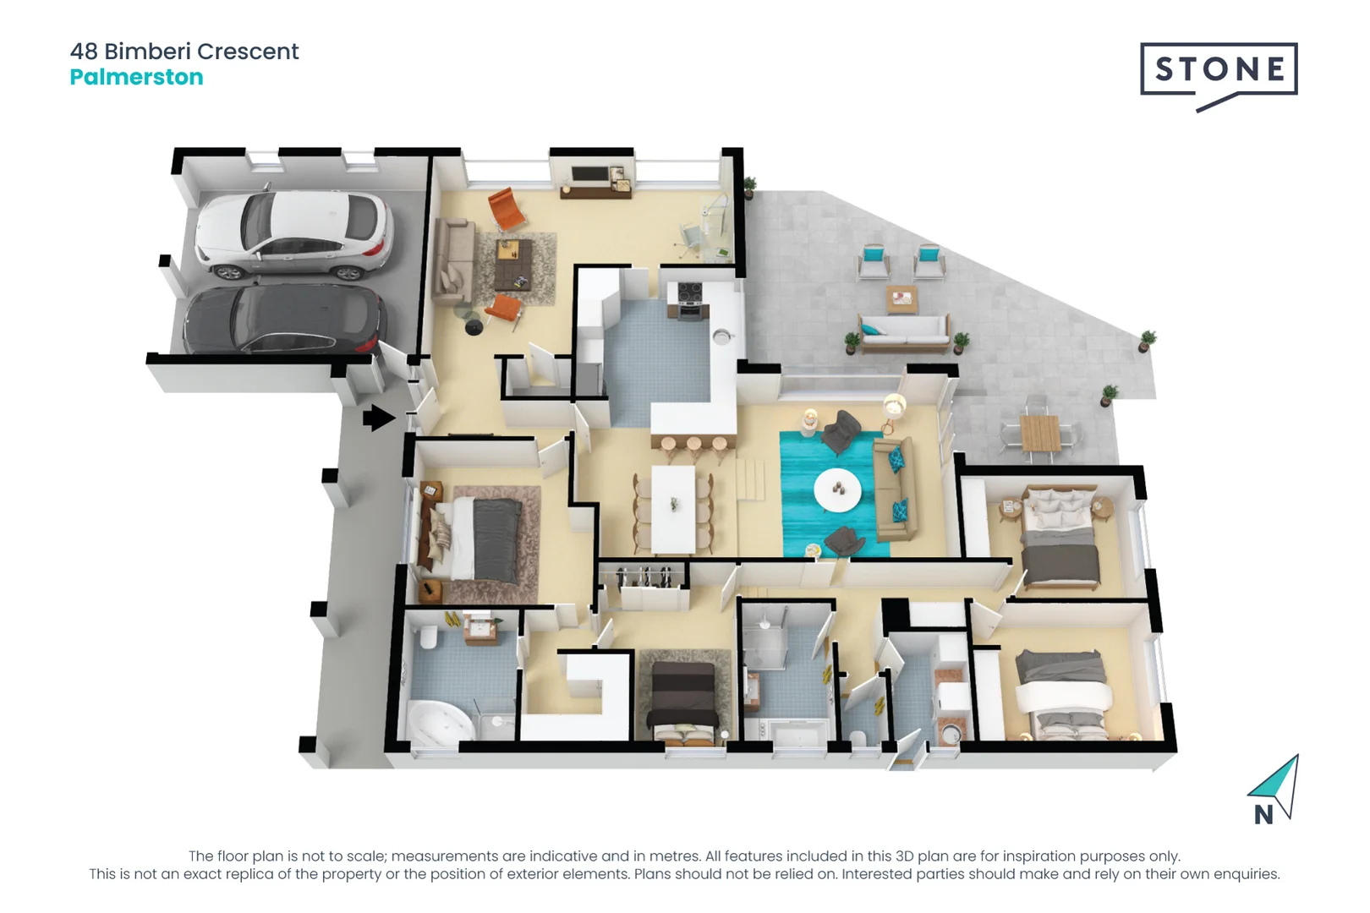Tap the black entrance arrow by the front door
pos(378,418)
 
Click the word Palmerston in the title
pos(136,77)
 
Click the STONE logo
pos(1219,69)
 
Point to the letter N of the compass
pos(1263,815)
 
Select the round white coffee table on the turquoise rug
pos(837,489)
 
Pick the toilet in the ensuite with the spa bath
pos(428,637)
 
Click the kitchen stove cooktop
pos(689,293)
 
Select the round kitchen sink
pos(721,336)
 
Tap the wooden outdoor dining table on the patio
pos(1039,434)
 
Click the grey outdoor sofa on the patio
pos(903,331)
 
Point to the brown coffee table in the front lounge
pos(513,263)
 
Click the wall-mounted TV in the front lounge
pos(589,175)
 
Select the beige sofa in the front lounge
pos(452,261)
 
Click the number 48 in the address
pos(84,52)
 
